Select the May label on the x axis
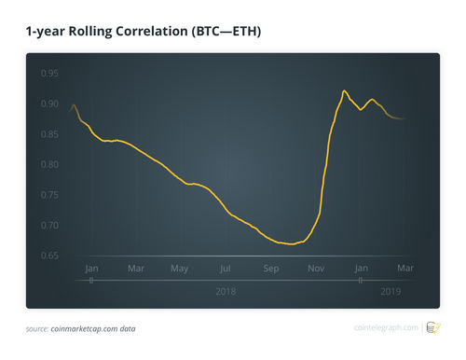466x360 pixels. pos(180,269)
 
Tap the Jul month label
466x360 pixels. pos(226,269)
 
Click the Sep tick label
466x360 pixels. pos(271,269)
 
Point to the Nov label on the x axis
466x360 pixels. pos(316,269)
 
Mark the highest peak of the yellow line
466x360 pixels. pos(344,90)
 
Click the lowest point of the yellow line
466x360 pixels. pos(292,244)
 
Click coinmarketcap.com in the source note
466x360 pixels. pos(90,328)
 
